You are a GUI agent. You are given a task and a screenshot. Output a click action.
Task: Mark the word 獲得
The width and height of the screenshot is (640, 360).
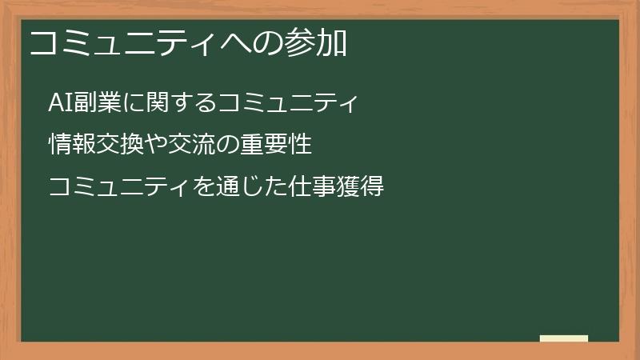point(363,186)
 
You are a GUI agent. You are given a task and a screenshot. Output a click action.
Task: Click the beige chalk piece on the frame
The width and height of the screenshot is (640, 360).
point(563,338)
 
